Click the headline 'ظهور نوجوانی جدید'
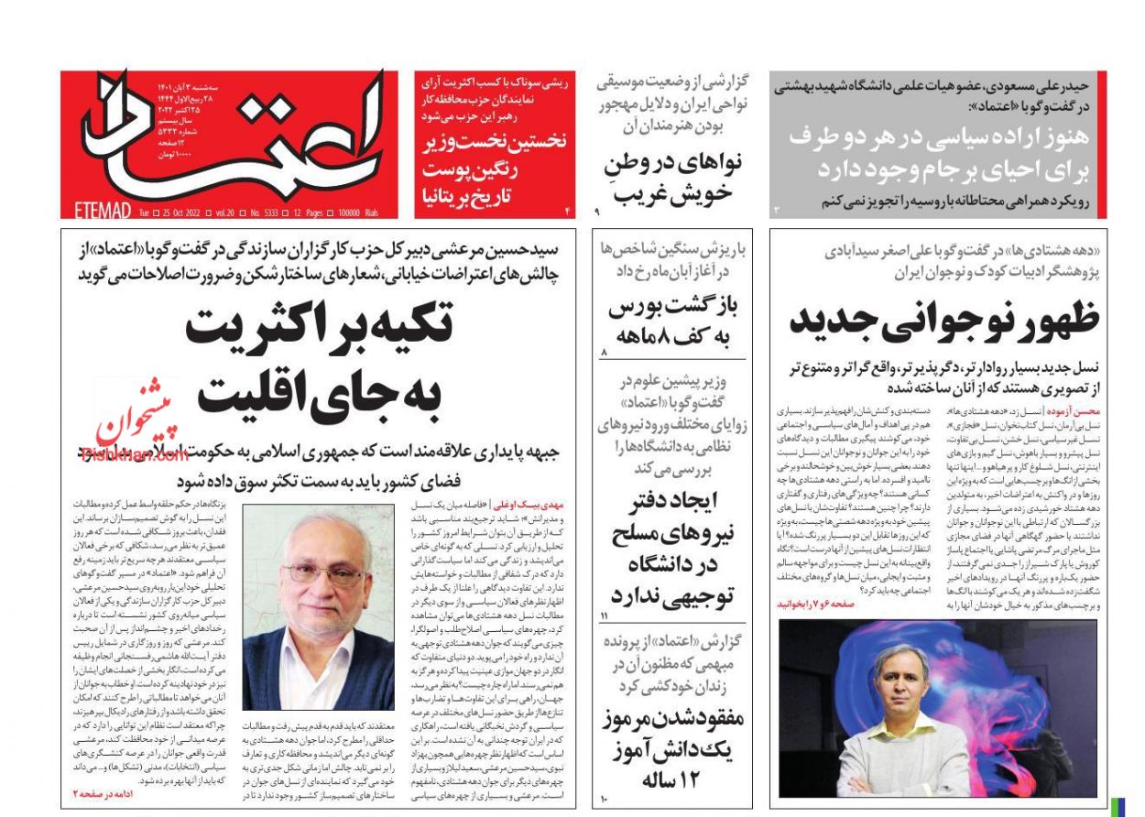click(943, 321)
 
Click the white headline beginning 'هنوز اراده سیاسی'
click(938, 153)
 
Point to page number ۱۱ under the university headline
click(604, 615)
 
